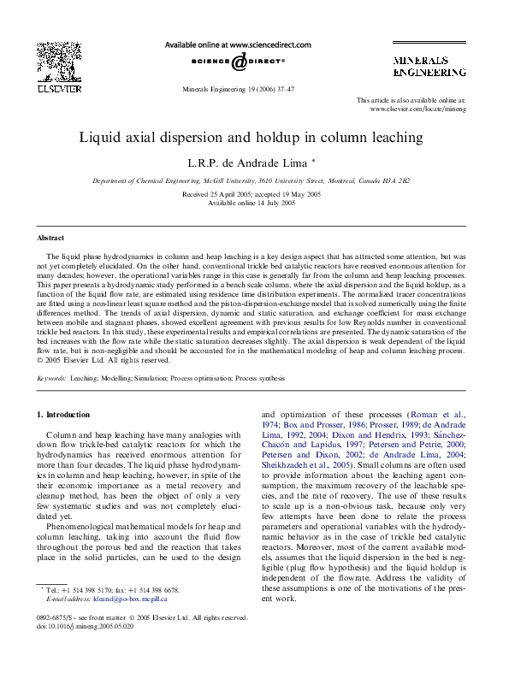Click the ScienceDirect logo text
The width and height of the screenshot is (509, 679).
pos(238,62)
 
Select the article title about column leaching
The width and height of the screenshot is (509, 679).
pos(252,137)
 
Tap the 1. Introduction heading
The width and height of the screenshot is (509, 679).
pos(63,415)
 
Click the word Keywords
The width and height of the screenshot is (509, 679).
pos(51,377)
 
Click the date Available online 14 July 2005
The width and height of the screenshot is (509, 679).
pos(252,203)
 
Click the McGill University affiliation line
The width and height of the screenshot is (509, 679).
pos(251,181)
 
